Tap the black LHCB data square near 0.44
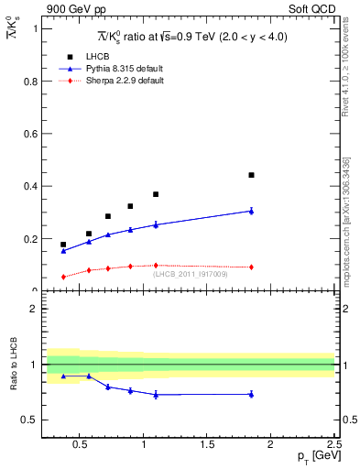251,175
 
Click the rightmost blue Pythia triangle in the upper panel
251,211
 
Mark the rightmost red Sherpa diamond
251,267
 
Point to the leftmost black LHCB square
63,245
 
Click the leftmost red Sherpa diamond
63,277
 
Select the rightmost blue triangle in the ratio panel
251,394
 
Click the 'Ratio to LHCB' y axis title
12,365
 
